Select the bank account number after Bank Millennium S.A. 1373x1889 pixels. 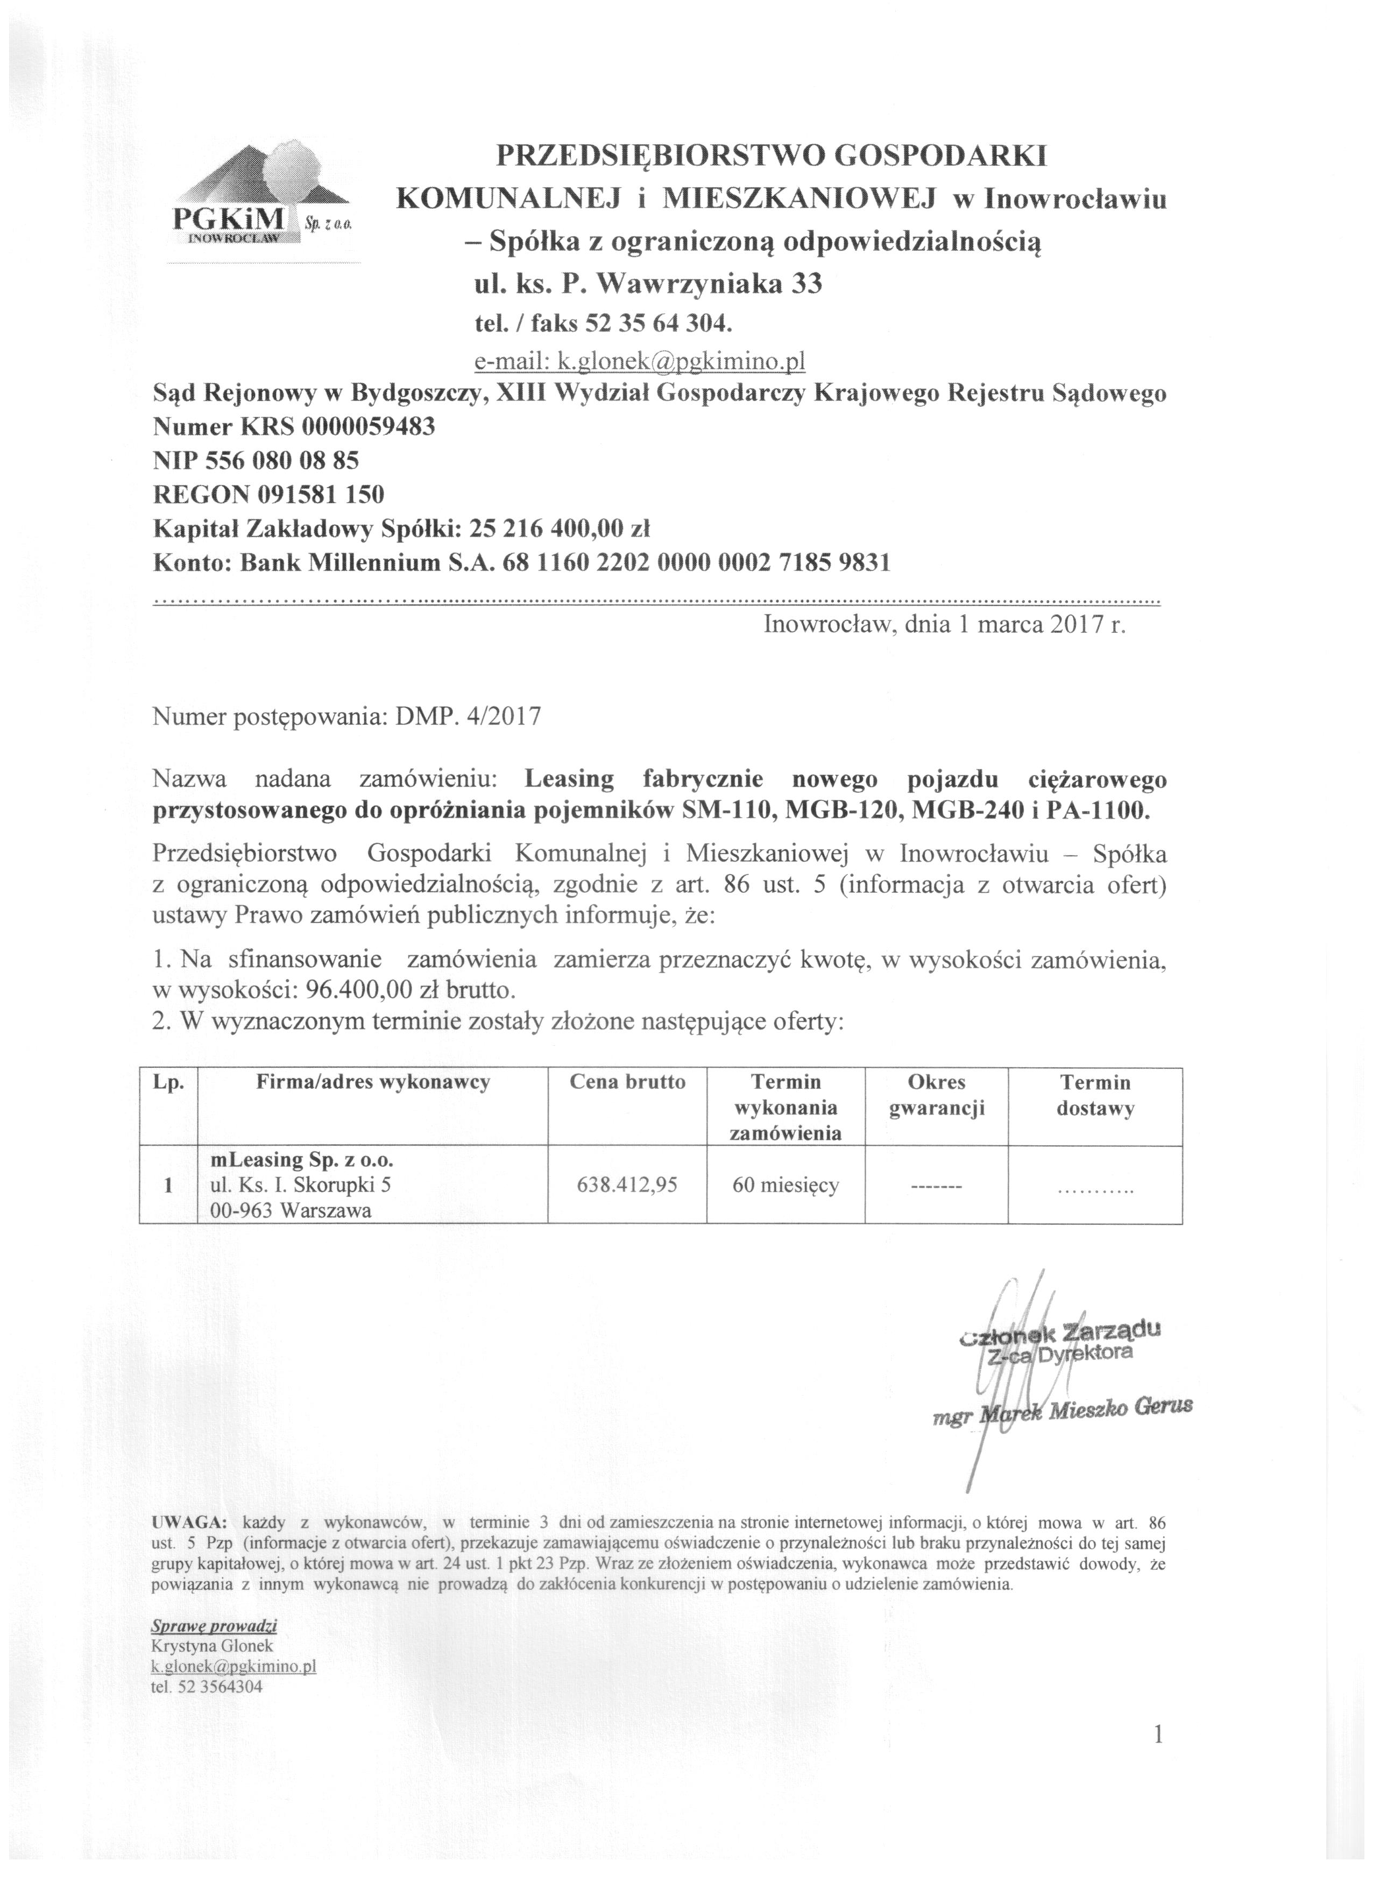coord(696,563)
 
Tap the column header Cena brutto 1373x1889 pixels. coord(627,1082)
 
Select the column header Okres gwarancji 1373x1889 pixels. coord(937,1095)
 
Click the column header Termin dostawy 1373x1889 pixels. coord(1095,1095)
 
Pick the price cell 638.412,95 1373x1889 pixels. coord(627,1185)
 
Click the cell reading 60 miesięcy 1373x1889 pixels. coord(785,1185)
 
